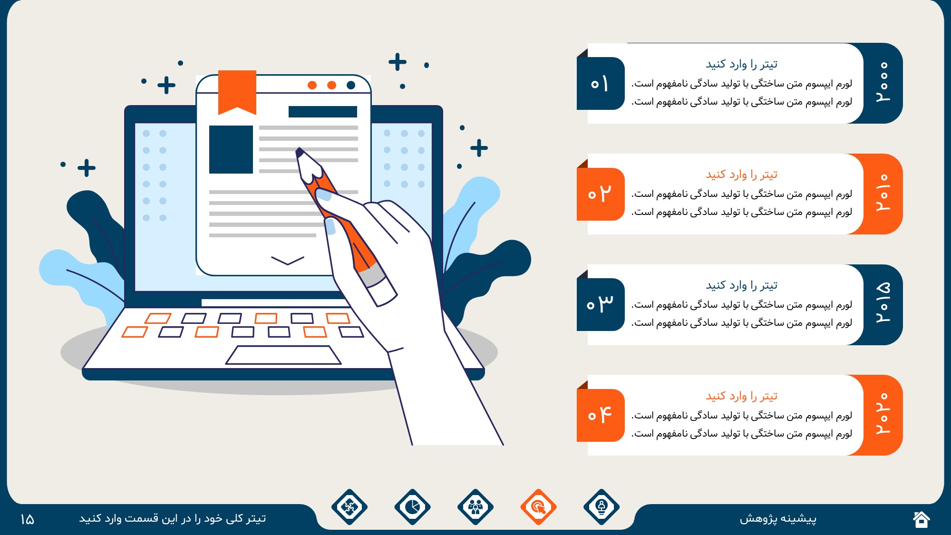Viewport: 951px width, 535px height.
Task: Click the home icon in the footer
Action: [x=921, y=519]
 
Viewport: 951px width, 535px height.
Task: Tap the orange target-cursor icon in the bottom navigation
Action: [x=538, y=507]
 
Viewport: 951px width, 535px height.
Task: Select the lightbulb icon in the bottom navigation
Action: [x=602, y=507]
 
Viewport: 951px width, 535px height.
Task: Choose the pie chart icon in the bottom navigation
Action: [x=412, y=507]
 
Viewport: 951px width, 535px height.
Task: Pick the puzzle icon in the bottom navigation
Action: [x=349, y=507]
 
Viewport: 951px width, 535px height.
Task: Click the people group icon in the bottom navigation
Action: [x=475, y=507]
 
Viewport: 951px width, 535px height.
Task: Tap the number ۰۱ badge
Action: [x=601, y=84]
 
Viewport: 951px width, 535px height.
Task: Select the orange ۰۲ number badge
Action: [x=601, y=194]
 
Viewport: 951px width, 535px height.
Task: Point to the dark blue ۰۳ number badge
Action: [x=601, y=304]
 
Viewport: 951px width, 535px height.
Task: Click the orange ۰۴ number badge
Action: [x=601, y=415]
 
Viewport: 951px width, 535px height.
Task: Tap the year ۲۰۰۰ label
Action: [x=883, y=82]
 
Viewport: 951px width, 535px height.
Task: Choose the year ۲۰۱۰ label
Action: [x=883, y=193]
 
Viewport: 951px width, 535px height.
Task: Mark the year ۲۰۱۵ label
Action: [x=883, y=303]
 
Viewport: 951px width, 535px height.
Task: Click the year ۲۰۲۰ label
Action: [x=883, y=414]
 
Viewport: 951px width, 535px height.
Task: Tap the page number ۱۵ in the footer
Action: [x=27, y=519]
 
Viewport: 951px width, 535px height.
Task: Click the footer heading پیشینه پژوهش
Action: [x=778, y=518]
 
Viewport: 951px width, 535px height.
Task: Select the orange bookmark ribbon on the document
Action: [x=237, y=92]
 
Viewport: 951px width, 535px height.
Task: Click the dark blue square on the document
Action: [x=231, y=149]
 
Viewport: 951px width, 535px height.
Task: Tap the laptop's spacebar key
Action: [x=283, y=355]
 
